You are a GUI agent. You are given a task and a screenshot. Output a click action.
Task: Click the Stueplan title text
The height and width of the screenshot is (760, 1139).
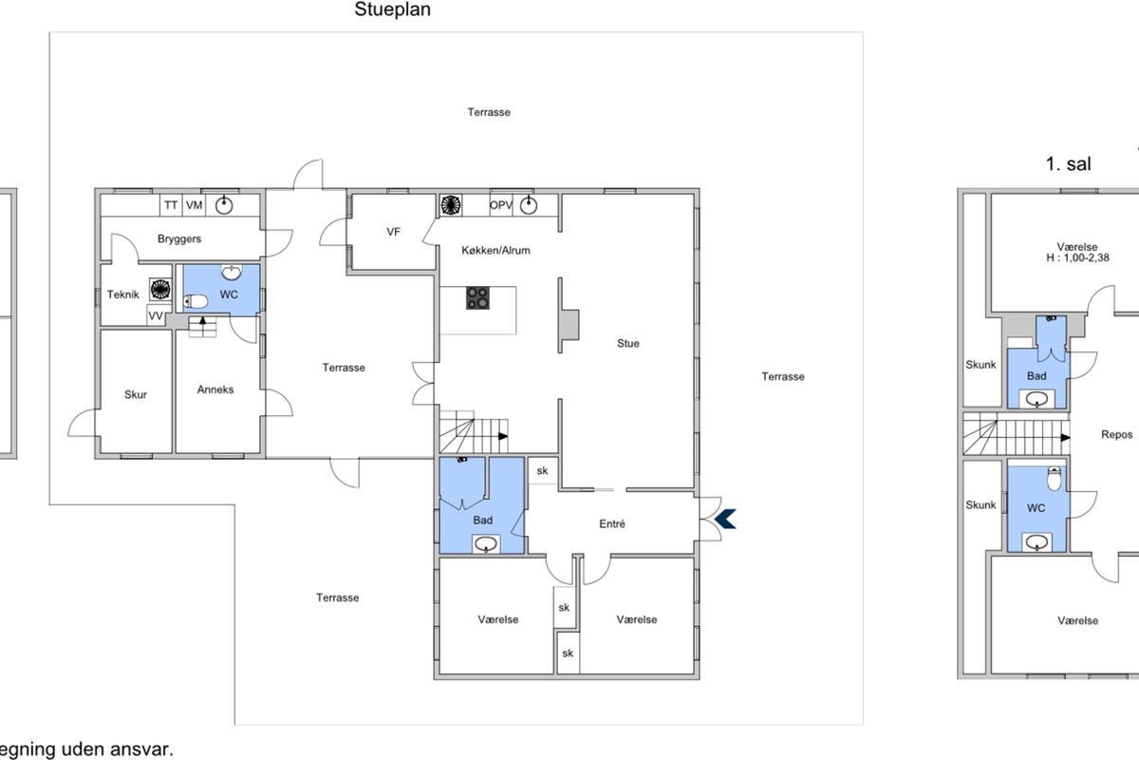pos(393,9)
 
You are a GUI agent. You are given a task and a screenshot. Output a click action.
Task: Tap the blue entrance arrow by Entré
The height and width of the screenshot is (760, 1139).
pos(725,519)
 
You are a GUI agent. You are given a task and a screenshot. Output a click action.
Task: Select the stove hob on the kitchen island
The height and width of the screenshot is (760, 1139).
pos(477,297)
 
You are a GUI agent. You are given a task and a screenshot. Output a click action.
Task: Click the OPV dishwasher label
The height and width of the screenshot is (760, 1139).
pos(501,205)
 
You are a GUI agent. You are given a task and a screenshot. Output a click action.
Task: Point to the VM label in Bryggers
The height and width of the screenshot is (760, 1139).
pos(195,205)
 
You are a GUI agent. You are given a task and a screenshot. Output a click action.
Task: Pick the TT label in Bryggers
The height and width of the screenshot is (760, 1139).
pos(171,205)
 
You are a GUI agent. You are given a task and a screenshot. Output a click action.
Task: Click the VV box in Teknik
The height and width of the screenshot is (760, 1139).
pos(156,315)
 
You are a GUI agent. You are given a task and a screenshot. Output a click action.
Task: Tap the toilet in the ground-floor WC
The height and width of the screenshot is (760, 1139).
pos(196,301)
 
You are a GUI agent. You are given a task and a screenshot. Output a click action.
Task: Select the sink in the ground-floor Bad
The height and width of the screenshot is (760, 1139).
pos(486,544)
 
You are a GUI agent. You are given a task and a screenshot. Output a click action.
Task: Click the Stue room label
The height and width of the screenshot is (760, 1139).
pos(628,344)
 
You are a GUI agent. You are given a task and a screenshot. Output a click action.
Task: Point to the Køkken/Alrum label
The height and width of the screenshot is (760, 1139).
pos(495,251)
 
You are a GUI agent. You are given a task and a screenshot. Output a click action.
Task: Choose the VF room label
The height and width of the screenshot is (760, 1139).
pos(393,232)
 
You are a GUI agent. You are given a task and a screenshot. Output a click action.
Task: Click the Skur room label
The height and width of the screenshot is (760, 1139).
pos(136,394)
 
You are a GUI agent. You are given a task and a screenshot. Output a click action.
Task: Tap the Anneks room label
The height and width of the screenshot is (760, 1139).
pos(215,389)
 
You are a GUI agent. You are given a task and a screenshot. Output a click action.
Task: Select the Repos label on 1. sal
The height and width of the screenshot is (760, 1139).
pos(1116,435)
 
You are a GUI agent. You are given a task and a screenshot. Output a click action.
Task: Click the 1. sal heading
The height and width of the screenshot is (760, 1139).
pos(1069,164)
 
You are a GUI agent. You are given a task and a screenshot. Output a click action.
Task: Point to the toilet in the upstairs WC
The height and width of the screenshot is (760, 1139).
pos(1055,479)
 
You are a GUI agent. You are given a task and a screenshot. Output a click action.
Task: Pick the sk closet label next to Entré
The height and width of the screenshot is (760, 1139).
pos(543,471)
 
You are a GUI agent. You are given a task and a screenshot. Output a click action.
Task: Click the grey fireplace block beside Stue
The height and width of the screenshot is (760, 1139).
pos(569,325)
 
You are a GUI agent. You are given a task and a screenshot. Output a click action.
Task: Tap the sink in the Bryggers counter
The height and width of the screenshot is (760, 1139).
pos(224,204)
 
